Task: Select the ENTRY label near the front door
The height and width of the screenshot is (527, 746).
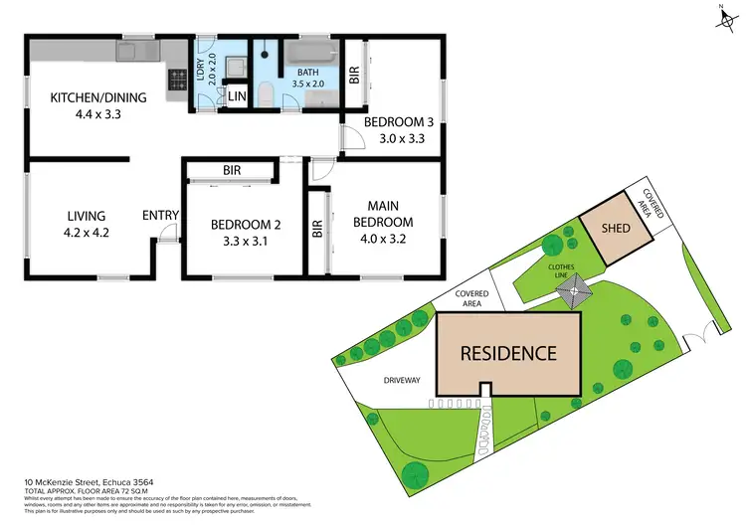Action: (160, 215)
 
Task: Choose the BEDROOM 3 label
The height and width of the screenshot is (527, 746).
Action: (394, 130)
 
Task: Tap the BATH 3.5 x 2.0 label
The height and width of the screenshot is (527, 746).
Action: (311, 79)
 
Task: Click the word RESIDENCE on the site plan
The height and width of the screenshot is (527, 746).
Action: (507, 353)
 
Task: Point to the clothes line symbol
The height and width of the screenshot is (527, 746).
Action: (574, 294)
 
